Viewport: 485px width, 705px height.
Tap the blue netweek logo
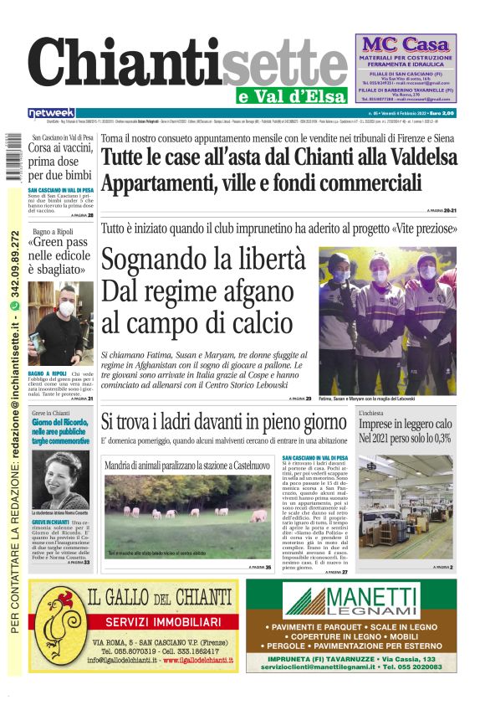[51, 113]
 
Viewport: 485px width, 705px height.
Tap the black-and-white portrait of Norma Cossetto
[59, 479]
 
